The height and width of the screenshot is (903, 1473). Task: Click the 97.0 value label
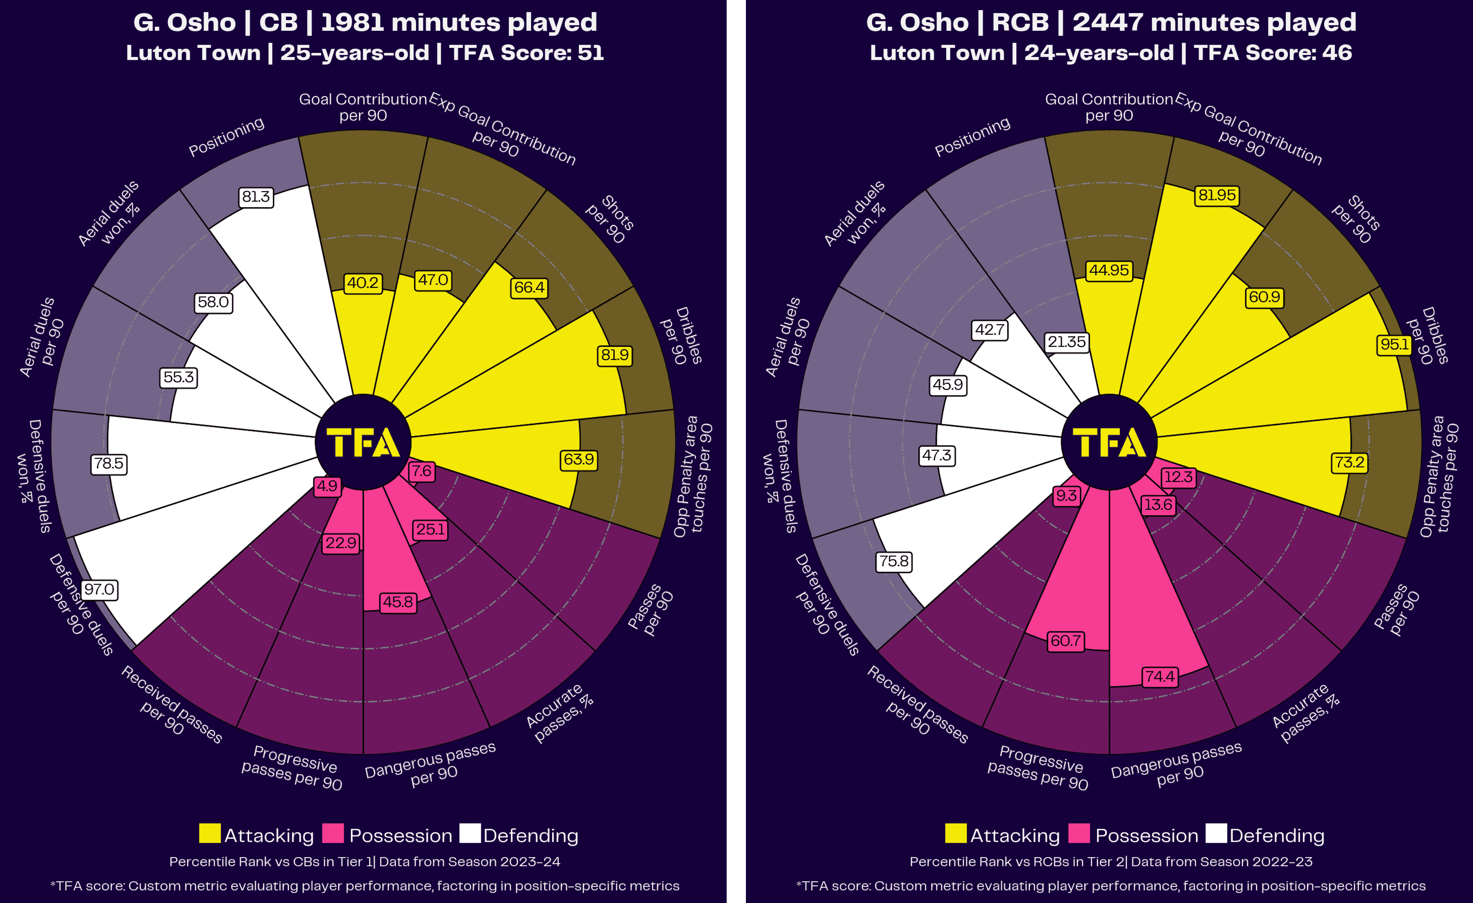tap(99, 589)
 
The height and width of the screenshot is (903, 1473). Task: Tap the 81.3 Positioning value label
tap(256, 197)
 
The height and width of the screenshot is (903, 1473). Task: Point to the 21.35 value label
tap(1067, 342)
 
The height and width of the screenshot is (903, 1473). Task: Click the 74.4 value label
tap(1160, 677)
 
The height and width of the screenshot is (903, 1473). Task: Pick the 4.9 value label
tap(327, 486)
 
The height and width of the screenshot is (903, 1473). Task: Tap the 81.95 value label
tap(1217, 195)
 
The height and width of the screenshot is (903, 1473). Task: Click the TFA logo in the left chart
tap(363, 442)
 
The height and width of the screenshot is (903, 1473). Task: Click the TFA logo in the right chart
tap(1109, 442)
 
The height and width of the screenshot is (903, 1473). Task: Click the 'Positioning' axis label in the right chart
tap(972, 137)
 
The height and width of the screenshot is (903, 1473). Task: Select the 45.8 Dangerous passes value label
tap(398, 602)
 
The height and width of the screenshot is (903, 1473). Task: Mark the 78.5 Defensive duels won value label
tap(109, 463)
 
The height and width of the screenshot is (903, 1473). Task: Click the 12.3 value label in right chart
tap(1178, 477)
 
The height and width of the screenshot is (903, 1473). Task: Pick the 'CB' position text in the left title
tap(278, 23)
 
